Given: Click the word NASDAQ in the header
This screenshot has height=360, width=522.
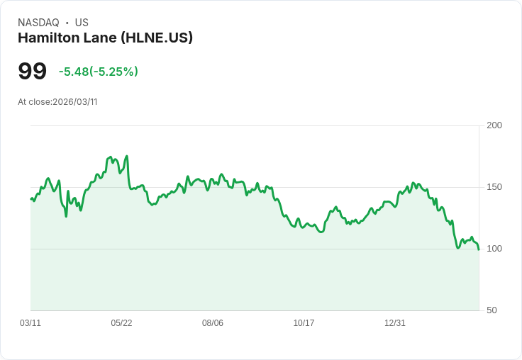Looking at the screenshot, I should [x=38, y=23].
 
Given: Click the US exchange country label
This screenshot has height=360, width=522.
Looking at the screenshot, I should [x=82, y=23].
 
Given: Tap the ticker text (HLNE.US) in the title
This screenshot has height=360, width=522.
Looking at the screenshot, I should [x=157, y=38].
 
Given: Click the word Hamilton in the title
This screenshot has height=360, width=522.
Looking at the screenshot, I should [x=47, y=38].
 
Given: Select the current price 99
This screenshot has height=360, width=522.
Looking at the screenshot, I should [x=32, y=72].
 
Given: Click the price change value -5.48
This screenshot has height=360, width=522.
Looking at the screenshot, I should [x=73, y=72].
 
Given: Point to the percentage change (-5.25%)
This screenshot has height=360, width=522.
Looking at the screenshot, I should [x=113, y=72].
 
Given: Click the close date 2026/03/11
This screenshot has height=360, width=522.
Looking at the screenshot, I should [x=74, y=102].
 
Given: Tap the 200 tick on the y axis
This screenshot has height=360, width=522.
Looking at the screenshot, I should [x=494, y=125].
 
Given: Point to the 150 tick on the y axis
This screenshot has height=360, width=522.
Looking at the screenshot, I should [x=494, y=187].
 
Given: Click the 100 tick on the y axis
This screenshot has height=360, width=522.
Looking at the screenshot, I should [x=494, y=249].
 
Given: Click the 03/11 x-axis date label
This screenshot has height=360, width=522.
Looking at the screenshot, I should [x=30, y=323].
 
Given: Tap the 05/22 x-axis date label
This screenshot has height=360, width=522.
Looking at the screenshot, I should [x=121, y=323].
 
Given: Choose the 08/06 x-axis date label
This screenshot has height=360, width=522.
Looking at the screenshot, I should [x=213, y=323].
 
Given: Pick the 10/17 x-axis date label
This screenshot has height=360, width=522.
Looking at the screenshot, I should [x=304, y=323].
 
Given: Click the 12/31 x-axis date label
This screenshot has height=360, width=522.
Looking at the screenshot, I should [x=395, y=323].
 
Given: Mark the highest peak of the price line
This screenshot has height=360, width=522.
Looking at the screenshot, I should [x=126, y=156].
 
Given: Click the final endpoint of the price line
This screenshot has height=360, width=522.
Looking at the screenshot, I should [x=479, y=249].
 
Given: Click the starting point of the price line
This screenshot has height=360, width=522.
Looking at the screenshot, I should [x=30, y=199].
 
